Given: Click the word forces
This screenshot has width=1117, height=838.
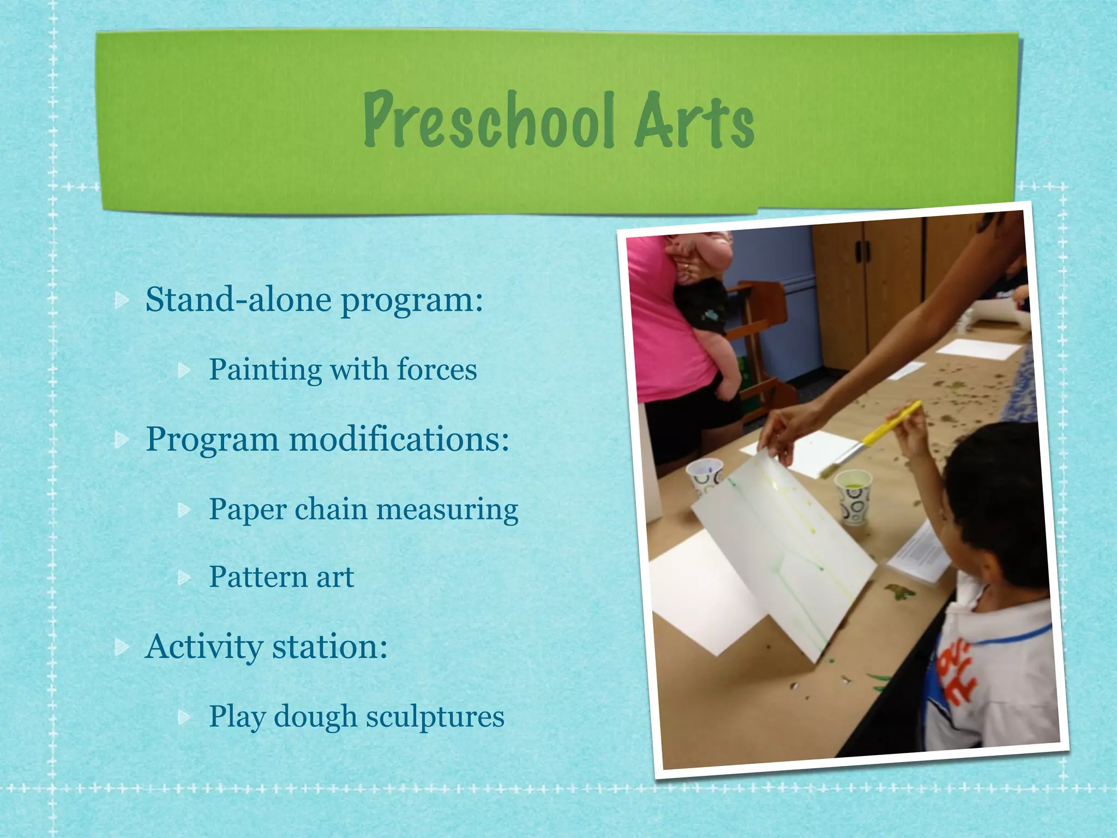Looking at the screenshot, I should (437, 369).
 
